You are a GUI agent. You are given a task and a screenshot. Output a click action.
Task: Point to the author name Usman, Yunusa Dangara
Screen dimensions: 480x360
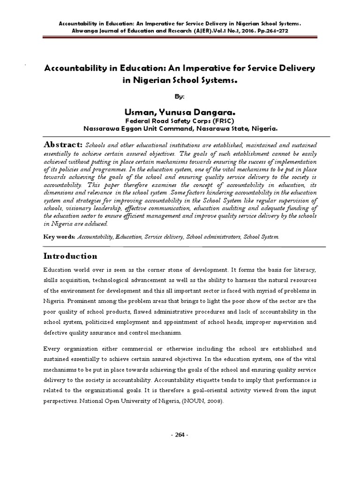pos(180,112)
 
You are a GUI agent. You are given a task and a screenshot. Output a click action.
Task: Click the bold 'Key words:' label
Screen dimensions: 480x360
pos(59,237)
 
